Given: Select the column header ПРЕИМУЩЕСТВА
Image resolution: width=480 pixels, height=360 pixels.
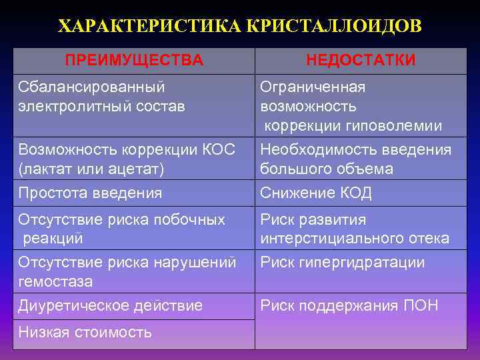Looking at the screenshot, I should coord(134,61).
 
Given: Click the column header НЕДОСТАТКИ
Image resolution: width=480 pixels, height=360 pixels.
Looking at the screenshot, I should coord(361,61).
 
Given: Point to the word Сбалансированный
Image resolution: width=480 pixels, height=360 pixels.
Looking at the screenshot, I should coord(92,87).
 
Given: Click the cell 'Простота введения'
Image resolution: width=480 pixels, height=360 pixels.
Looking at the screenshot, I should coord(90,193).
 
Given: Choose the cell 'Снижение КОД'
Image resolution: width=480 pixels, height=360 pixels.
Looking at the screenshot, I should coord(316,193).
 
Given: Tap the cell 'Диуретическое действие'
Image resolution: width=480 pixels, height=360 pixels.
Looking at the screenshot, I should coord(110,306).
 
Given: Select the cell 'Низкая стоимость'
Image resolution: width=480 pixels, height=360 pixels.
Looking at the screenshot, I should coord(85,331).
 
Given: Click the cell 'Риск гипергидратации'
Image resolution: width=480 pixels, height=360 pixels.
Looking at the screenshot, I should coord(343,263).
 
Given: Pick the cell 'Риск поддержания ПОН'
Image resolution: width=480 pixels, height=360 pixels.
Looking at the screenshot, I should coord(349,306).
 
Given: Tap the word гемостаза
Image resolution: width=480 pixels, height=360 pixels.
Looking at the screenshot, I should coord(55,281).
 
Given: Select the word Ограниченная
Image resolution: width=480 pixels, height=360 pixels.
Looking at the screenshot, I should coord(313,87).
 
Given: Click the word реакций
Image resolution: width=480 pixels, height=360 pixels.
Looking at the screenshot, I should coord(53,238).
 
